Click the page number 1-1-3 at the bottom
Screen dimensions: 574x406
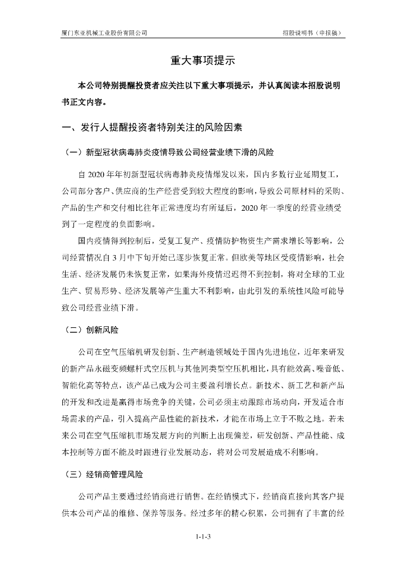click(x=202, y=537)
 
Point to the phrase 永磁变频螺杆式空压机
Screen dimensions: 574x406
click(x=116, y=370)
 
